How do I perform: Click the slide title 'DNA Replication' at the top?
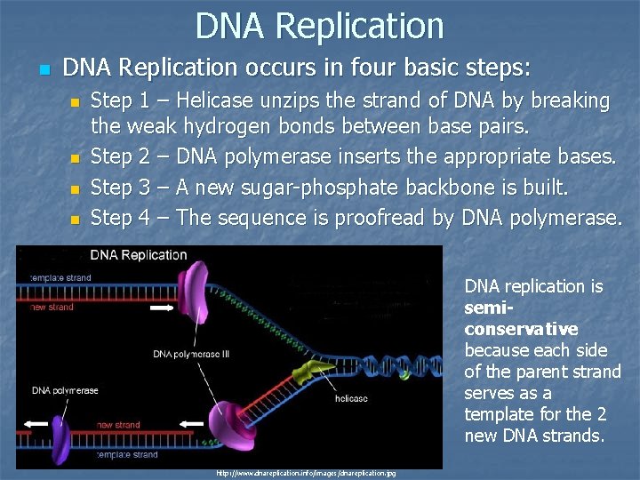tap(319, 26)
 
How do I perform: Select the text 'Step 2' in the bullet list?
tap(120, 157)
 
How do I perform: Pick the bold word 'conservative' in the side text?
tap(521, 329)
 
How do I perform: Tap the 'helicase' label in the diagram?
tap(351, 399)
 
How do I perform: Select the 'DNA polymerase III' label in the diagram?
tap(191, 354)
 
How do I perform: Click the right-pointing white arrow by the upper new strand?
tap(163, 310)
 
